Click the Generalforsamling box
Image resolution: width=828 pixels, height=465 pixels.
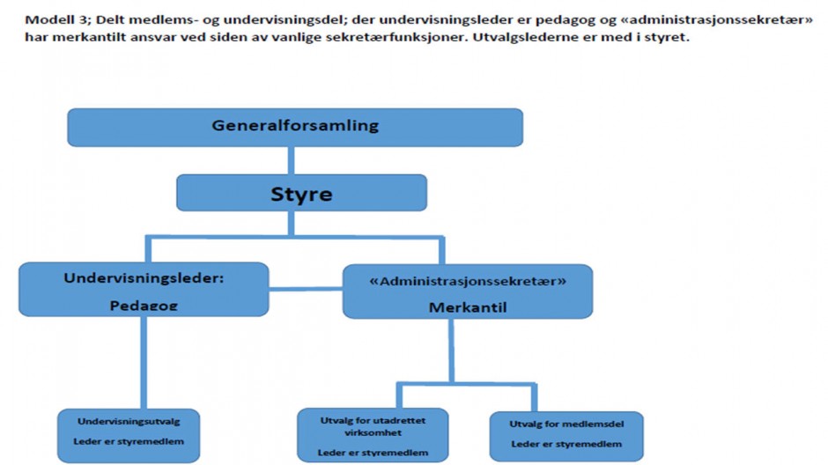point(295,127)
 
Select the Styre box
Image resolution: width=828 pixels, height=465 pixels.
point(301,193)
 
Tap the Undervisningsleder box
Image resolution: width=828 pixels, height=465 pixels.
point(144,289)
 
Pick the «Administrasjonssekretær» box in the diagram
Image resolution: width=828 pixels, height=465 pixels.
point(468,292)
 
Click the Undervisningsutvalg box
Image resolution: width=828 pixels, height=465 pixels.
point(129,435)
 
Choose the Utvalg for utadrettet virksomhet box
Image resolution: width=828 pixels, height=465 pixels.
point(373,435)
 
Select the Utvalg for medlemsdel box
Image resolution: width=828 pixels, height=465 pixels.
point(566,437)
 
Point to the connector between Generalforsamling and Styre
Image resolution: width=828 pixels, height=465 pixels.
point(291,160)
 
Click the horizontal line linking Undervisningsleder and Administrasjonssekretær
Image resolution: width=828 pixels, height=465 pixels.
point(306,289)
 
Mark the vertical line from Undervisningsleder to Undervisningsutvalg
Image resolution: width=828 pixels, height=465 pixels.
point(144,363)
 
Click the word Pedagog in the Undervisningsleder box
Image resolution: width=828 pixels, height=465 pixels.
point(144,305)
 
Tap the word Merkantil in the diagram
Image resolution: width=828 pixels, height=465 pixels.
point(468,307)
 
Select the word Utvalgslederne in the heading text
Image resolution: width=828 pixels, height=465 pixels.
point(517,38)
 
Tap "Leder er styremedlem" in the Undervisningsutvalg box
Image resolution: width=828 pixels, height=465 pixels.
point(129,441)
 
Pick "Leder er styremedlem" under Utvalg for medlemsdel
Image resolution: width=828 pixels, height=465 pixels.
point(566,444)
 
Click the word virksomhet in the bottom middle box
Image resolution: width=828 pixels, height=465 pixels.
point(373,432)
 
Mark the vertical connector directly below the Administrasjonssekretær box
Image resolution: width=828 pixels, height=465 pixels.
point(452,350)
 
